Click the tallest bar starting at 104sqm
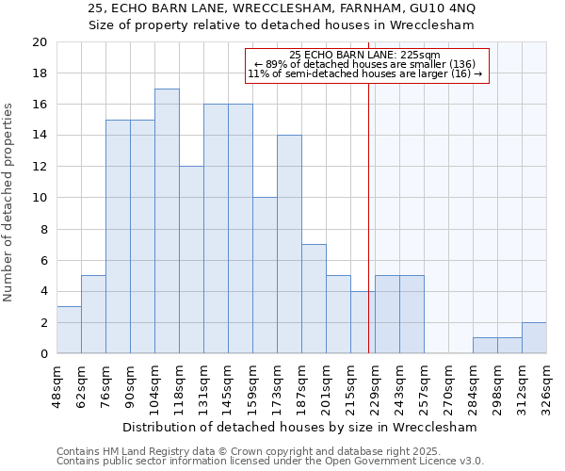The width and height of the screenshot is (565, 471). pos(167,221)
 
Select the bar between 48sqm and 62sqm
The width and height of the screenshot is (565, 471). pos(69,330)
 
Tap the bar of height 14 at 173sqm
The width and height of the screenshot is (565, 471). pos(289,244)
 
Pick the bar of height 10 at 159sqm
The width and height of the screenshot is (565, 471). pos(265,275)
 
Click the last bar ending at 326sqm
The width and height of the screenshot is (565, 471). pos(534,337)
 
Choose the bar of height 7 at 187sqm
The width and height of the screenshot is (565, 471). pos(314,299)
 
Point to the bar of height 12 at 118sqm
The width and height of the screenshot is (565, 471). pos(191,260)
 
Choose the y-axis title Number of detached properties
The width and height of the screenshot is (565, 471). pos(9,198)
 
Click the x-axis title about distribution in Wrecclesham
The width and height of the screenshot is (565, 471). pos(300,427)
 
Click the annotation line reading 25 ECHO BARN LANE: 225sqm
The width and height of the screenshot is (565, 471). pos(365,55)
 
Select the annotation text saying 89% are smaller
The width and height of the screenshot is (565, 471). pos(365,64)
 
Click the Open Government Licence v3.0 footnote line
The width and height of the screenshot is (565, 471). pos(269,462)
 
